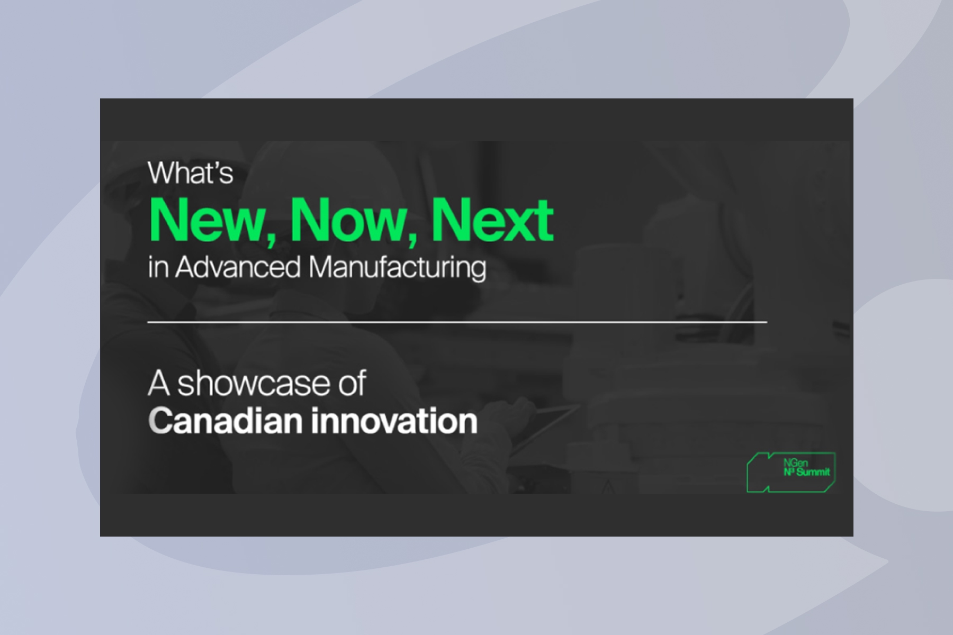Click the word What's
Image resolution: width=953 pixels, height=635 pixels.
pyautogui.click(x=191, y=173)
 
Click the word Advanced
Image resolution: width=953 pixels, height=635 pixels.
pyautogui.click(x=238, y=267)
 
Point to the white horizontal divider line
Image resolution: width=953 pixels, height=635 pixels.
pyautogui.click(x=457, y=321)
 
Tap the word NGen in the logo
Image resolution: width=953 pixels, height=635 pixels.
pyautogui.click(x=793, y=463)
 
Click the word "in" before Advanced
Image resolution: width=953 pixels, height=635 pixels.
pyautogui.click(x=158, y=267)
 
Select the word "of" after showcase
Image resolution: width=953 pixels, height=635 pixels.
pyautogui.click(x=354, y=383)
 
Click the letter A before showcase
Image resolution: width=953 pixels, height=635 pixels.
pyautogui.click(x=159, y=384)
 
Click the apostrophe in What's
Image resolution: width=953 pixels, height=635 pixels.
pyautogui.click(x=216, y=166)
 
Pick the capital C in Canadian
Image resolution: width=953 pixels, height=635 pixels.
pyautogui.click(x=159, y=421)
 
